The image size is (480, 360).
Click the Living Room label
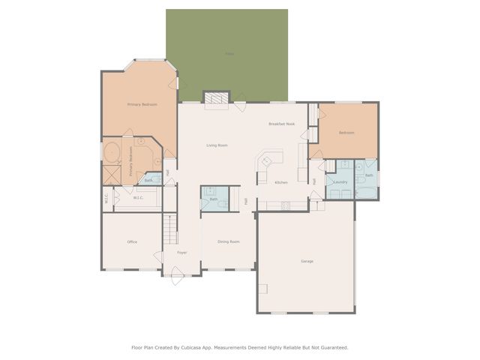point(217,145)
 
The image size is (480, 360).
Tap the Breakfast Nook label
point(281,124)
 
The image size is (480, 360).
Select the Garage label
point(307,261)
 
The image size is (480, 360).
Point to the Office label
point(132,241)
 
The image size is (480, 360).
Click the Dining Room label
point(228,241)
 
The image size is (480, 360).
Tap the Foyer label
point(181,253)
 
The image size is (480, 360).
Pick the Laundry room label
point(340,181)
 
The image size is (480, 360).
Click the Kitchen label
point(280,183)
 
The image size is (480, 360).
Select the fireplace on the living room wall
point(216,97)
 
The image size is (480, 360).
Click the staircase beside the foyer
point(171,229)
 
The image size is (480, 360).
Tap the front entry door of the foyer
point(178,277)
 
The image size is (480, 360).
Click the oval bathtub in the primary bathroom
point(112,152)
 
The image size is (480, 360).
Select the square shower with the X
point(112,175)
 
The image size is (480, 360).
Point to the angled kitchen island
point(269,162)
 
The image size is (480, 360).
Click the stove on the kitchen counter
point(285,205)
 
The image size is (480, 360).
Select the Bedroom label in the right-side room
point(346,133)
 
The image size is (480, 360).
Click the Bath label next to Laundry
point(369,175)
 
